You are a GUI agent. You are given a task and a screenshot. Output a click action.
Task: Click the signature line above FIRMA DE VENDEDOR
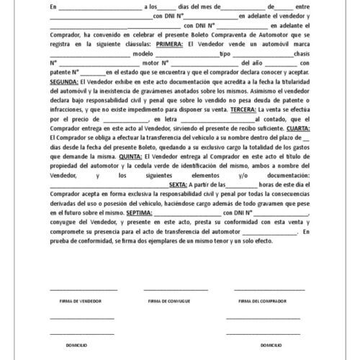tap(81, 289)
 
